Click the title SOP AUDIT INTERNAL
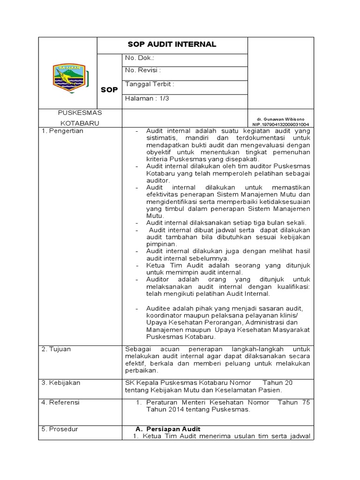172,45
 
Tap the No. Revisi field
143,70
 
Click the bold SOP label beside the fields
109,90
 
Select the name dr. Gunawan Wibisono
280,120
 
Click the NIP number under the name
280,125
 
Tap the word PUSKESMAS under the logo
80,113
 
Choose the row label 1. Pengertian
62,131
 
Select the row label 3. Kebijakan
61,382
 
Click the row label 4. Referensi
60,402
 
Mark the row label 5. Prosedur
60,429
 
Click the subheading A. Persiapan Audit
168,429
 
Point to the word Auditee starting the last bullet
157,308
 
